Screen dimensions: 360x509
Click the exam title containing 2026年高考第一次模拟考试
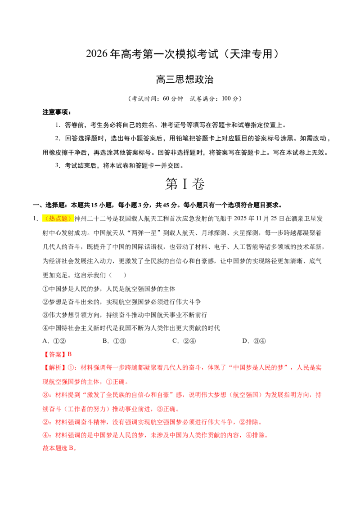tap(183, 54)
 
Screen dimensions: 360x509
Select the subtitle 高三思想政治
tap(184, 80)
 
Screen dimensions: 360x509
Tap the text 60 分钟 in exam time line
tap(173, 98)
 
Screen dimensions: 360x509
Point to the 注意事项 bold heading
tap(57, 112)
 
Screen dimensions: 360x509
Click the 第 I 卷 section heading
tap(185, 184)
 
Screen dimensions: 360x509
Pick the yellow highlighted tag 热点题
tap(58, 219)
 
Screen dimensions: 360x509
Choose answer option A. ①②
tap(54, 341)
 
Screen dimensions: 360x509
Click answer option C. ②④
tap(184, 341)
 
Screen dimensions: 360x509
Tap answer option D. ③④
tap(254, 341)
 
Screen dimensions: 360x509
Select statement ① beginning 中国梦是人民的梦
tap(109, 289)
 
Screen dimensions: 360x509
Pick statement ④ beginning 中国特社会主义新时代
tap(131, 328)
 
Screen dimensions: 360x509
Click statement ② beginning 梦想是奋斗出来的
tap(122, 302)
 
